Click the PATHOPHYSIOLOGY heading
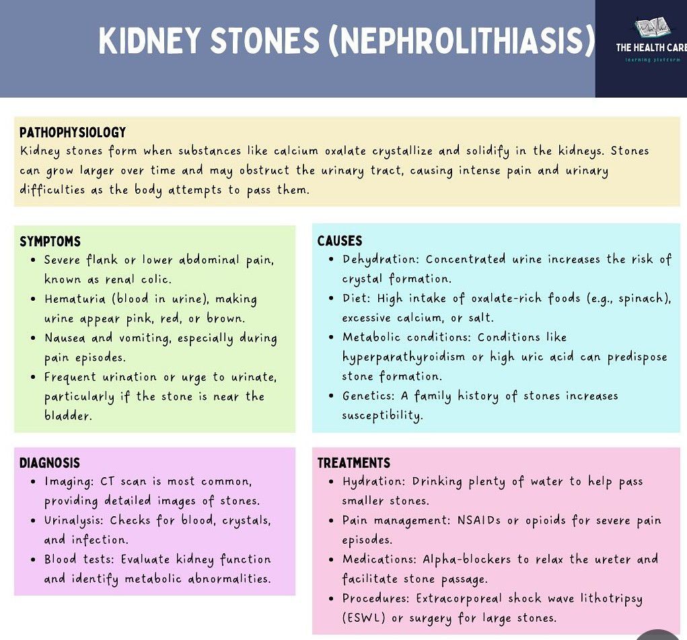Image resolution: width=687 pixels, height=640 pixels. [x=73, y=132]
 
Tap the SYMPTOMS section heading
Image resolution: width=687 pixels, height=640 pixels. [x=50, y=241]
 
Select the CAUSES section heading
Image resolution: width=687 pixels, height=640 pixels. [x=340, y=240]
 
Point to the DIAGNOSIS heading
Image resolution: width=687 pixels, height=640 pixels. [x=50, y=462]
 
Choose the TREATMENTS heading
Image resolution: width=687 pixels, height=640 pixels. [x=354, y=462]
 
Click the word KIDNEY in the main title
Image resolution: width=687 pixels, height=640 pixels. [x=149, y=41]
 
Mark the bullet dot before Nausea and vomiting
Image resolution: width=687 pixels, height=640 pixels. [x=34, y=339]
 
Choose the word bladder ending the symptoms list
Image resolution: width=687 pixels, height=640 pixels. [x=68, y=415]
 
